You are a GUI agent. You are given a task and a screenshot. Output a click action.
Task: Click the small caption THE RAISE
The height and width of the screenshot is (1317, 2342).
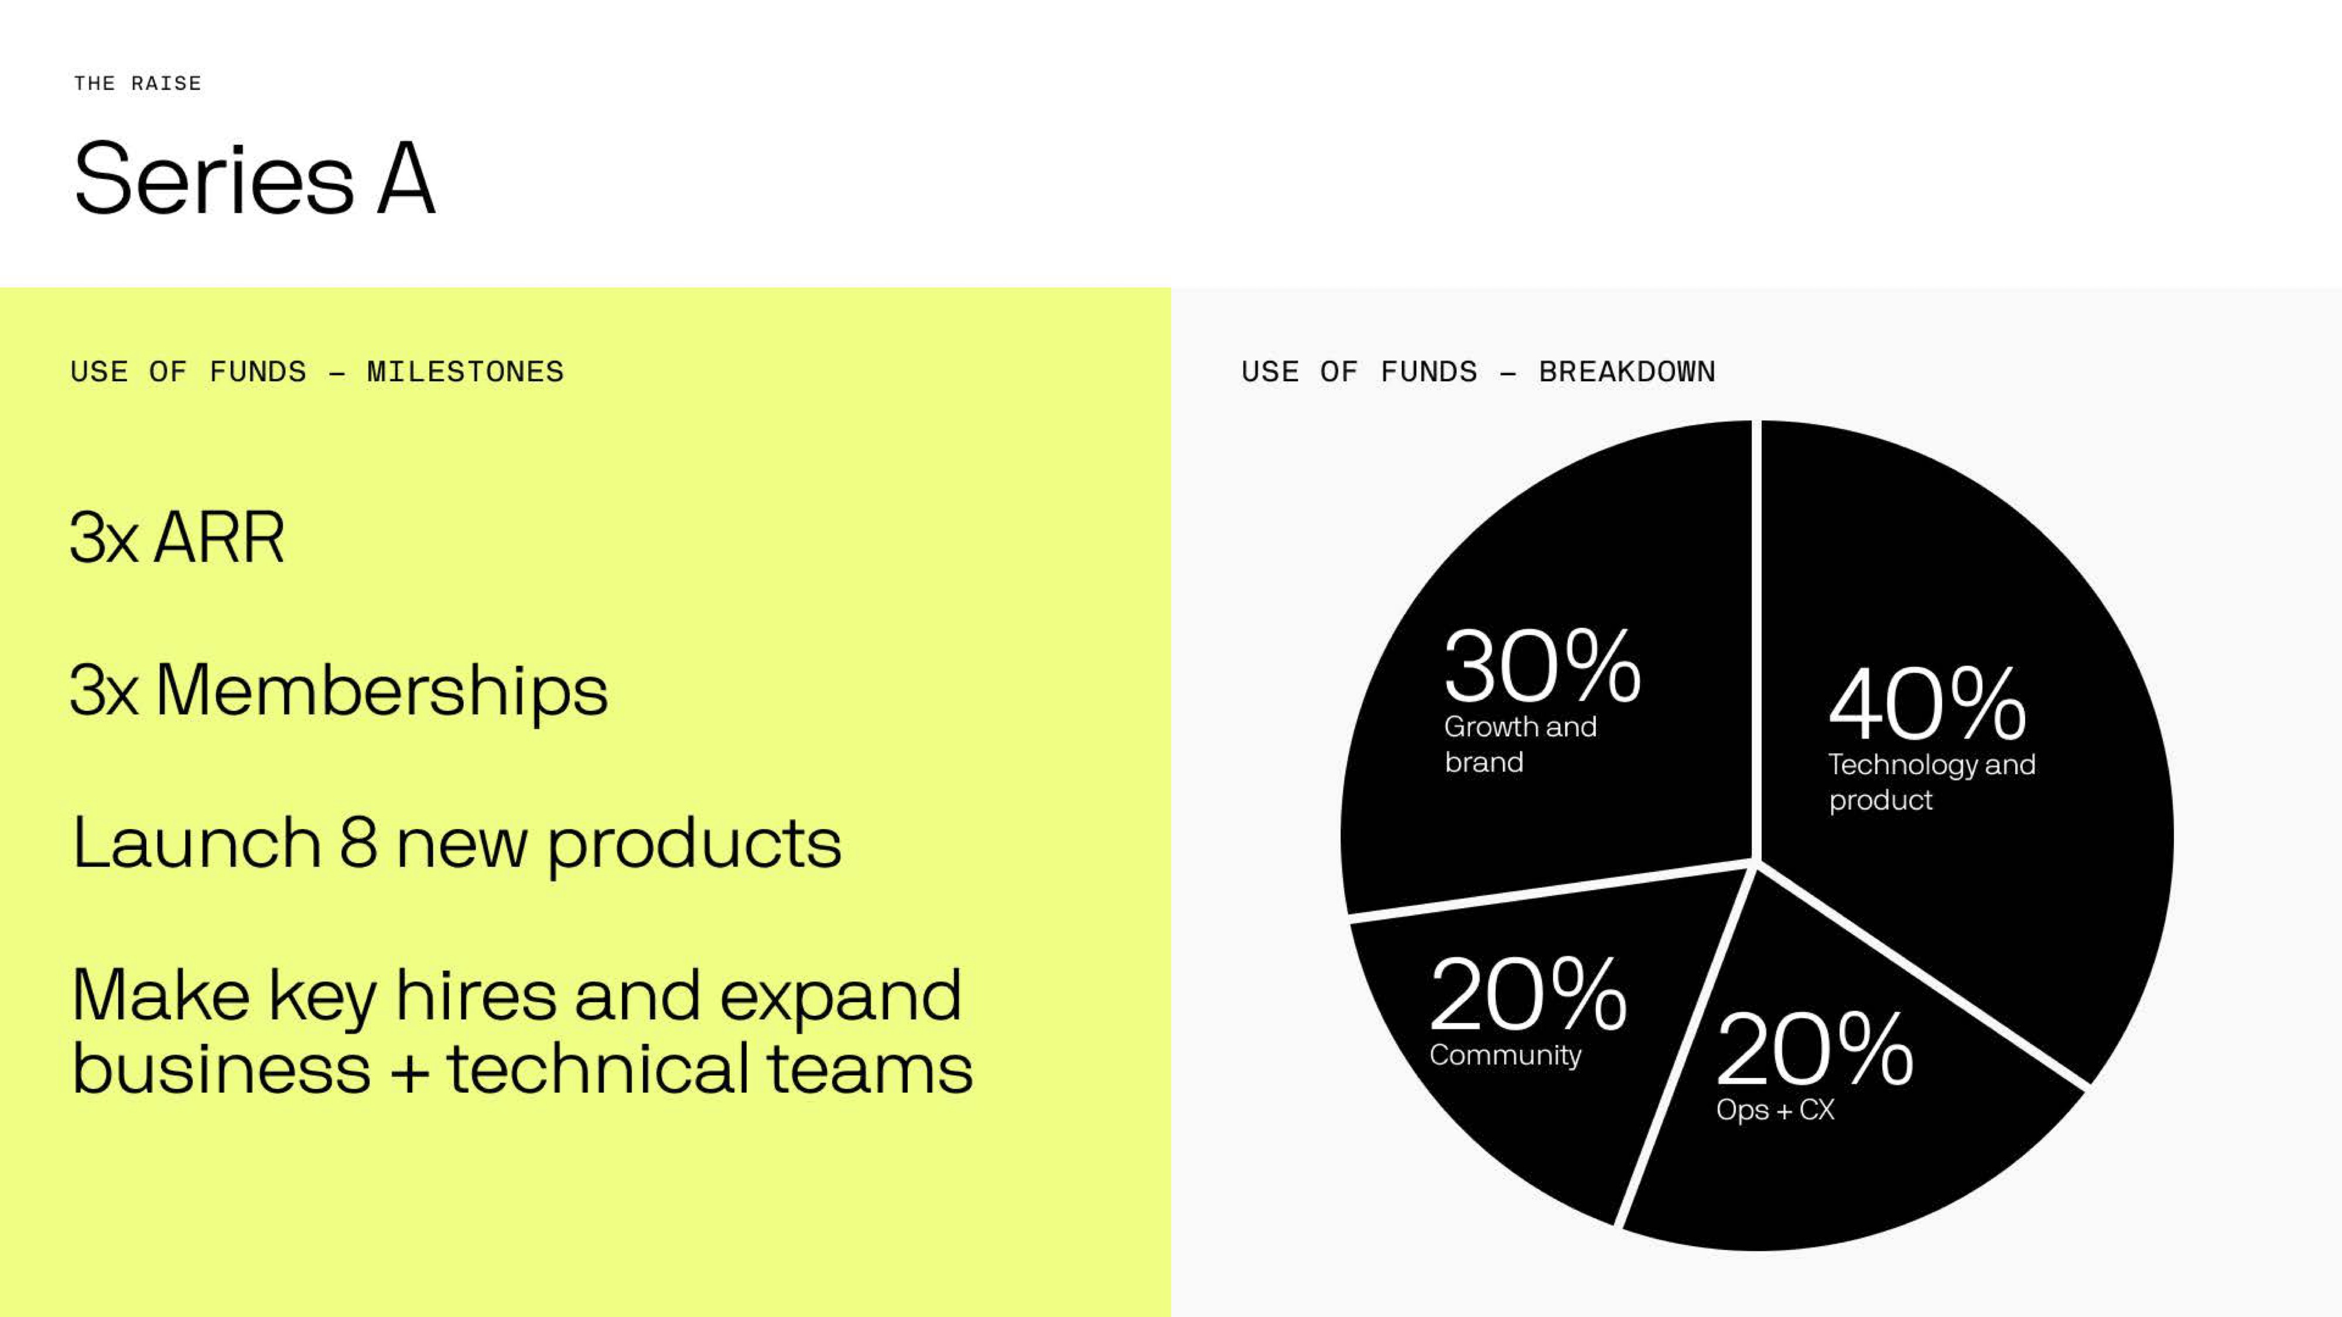pos(137,84)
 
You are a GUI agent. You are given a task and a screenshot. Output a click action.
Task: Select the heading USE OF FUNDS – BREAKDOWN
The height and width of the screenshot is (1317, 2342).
pos(1478,372)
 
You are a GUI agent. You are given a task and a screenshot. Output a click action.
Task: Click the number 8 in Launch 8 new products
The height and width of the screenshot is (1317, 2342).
pos(358,843)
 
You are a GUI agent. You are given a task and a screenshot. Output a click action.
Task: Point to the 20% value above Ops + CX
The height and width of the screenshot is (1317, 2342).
pos(1815,1050)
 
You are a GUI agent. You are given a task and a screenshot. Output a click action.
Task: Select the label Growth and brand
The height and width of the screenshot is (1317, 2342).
pos(1520,744)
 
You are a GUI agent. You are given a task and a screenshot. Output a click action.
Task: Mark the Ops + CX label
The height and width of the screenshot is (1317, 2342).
pos(1775,1110)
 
